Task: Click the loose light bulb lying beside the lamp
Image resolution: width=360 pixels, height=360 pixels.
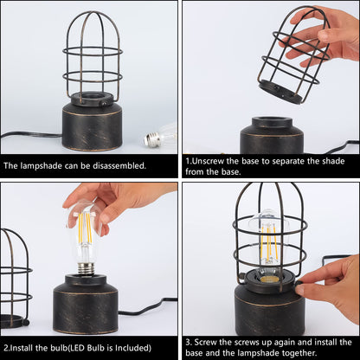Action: pos(160,135)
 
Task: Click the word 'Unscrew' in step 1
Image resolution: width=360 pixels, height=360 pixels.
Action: pos(212,161)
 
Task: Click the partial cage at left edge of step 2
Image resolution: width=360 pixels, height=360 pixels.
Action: pos(13,273)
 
